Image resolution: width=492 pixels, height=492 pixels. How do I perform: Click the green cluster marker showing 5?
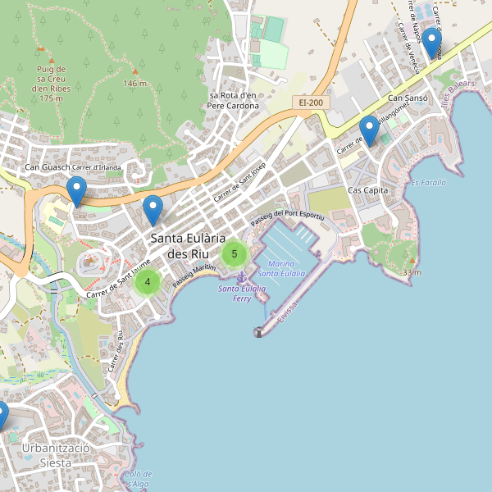coord(235,253)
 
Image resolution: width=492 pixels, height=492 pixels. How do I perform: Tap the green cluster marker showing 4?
coord(148,282)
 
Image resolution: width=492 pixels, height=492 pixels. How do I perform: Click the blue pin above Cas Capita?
coord(369,131)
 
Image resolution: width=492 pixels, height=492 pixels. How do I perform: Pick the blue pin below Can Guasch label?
coord(76,192)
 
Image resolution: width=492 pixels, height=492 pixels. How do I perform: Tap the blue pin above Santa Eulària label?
coord(153,210)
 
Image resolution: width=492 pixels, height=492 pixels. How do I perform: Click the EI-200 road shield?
coord(311,102)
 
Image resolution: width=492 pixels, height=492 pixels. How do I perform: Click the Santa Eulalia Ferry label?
coord(242,294)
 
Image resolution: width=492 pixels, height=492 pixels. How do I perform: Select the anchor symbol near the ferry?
coord(241,281)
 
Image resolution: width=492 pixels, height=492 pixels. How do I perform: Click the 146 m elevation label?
coord(134,83)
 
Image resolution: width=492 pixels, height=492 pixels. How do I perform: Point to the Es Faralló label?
coord(428,182)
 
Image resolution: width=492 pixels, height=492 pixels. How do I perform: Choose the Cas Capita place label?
coord(367,190)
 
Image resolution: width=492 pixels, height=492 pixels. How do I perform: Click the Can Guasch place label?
coord(47,168)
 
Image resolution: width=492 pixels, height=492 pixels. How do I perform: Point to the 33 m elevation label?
coord(412,272)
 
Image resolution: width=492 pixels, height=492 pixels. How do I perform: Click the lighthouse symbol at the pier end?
coord(258,331)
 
